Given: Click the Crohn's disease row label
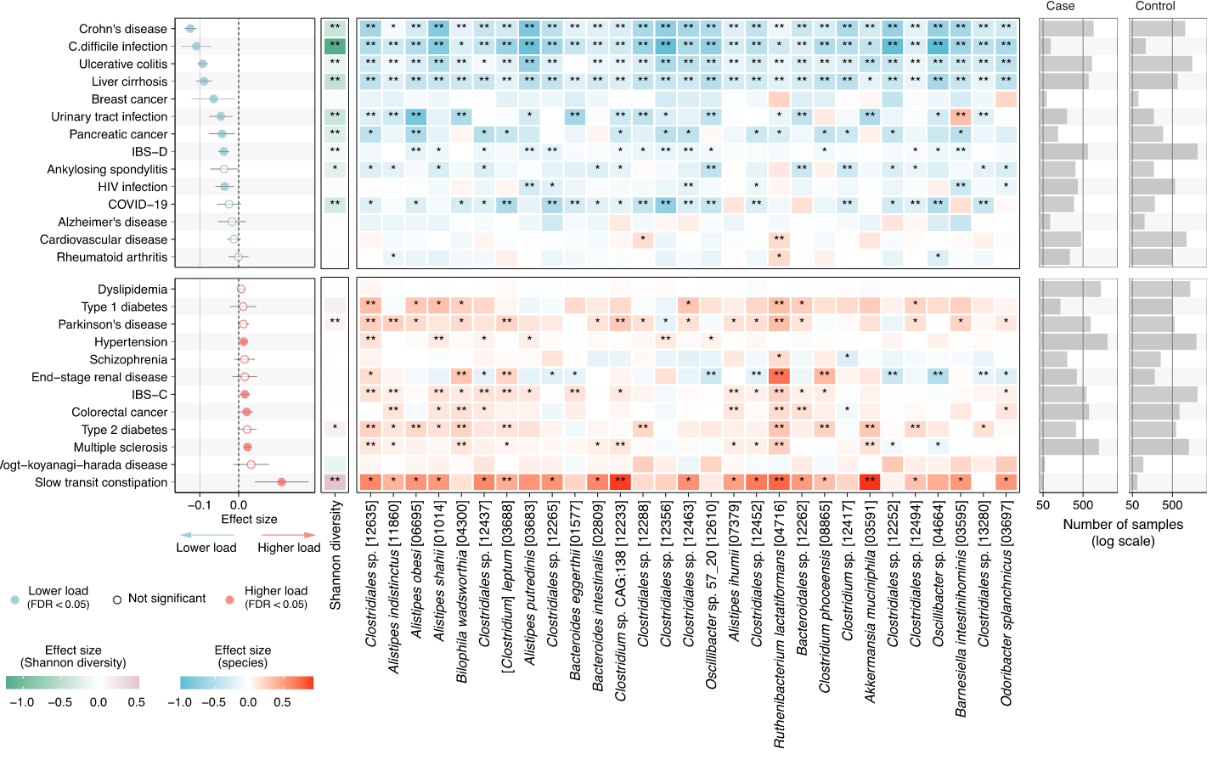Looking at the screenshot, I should [123, 29].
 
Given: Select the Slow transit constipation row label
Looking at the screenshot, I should [101, 482].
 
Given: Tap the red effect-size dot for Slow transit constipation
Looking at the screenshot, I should [281, 482].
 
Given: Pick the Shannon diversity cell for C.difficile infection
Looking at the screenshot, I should [335, 46].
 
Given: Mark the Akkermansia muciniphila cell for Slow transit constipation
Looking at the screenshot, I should [869, 481].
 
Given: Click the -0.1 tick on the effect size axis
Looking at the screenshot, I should [200, 505].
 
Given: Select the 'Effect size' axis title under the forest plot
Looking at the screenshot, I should [249, 520].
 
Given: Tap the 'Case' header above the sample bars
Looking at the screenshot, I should [1060, 7].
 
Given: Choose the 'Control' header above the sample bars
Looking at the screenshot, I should [1155, 7].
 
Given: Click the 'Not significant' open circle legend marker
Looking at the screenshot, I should [117, 599].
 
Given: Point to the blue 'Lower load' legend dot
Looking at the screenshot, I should [14, 599].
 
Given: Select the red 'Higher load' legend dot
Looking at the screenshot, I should [229, 599].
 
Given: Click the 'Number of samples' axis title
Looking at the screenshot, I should [1123, 525].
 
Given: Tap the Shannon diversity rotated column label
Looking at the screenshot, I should [336, 555].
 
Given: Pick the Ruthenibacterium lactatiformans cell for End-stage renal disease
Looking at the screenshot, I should [779, 376].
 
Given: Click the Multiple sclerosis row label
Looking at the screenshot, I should [121, 447].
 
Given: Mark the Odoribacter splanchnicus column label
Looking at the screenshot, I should [1006, 616].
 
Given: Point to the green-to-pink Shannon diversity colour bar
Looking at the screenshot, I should [72, 683].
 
